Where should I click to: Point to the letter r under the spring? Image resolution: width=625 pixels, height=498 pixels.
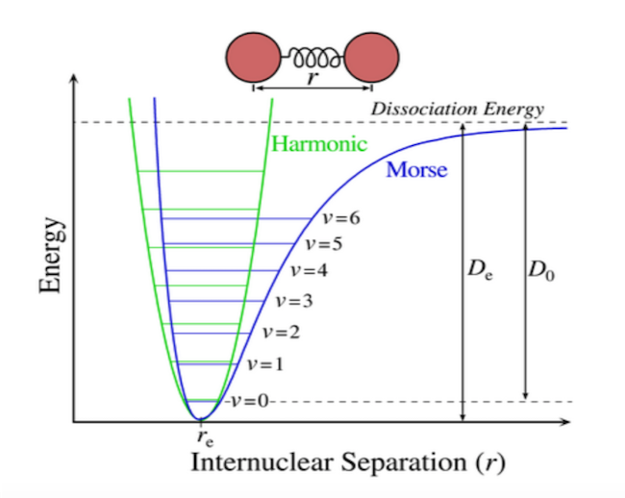312,80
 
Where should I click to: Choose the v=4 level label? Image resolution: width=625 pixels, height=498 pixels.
308,270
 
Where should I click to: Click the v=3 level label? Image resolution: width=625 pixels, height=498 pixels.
293,301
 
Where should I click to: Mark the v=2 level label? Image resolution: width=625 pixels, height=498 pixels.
280,332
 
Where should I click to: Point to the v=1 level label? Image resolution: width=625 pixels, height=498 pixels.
264,364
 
